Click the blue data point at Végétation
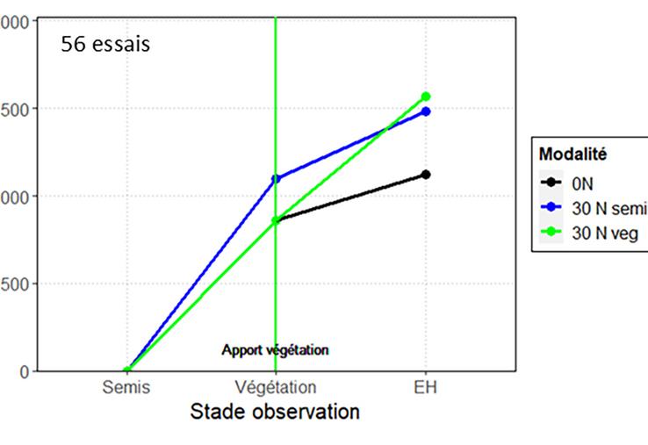click(276, 179)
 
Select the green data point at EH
click(426, 97)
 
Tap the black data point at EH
click(426, 175)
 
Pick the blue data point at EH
click(426, 111)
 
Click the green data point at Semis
click(127, 370)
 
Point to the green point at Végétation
click(276, 220)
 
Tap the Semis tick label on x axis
click(126, 387)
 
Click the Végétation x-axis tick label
click(276, 387)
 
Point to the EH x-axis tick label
click(426, 387)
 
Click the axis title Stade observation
click(275, 412)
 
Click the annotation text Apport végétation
click(275, 350)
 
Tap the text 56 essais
click(105, 44)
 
